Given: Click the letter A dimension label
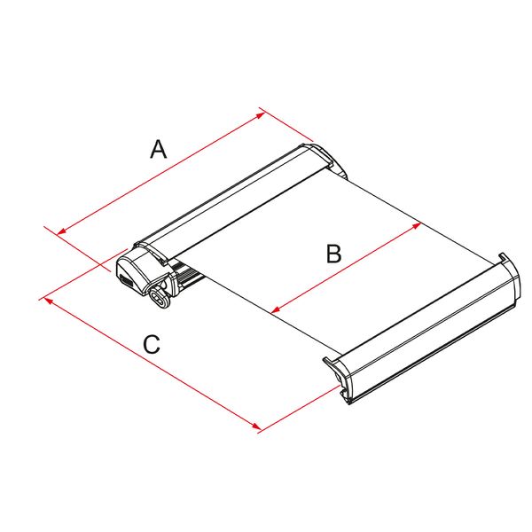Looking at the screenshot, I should coord(158,149).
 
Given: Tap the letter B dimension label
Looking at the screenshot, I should coord(333,254).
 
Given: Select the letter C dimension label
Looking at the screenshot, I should coord(153,344).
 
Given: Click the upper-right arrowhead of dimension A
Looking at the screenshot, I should coord(261,113).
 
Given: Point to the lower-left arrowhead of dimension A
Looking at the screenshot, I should coord(59,233).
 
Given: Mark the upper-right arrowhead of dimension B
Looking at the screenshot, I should coord(417,225).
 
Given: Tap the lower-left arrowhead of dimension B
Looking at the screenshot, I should coord(273,311).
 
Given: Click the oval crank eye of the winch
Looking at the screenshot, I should coord(160,297).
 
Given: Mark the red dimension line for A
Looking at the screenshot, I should coord(160,173).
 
